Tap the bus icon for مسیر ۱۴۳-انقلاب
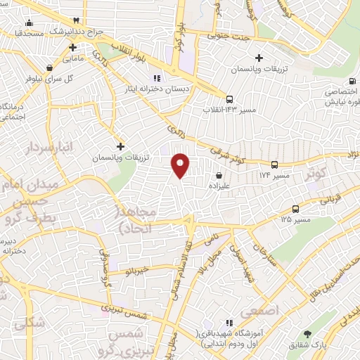[x=240, y=99]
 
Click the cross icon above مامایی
[x=73, y=48]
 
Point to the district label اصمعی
[x=259, y=309]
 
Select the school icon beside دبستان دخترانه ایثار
[x=157, y=77]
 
